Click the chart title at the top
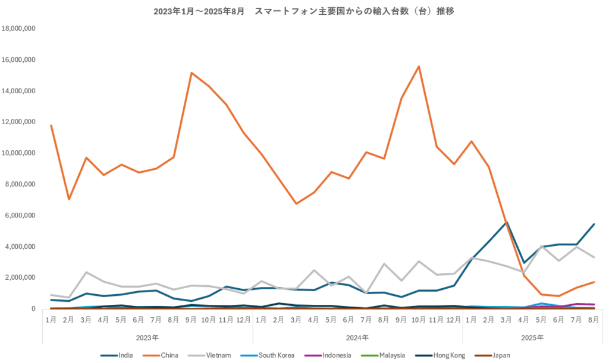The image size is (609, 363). (x=304, y=11)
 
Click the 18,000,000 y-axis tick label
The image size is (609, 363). (x=19, y=29)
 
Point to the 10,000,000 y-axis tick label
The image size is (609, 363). (x=19, y=153)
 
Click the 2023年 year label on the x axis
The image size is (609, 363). (x=147, y=337)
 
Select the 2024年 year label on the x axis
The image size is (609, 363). (x=357, y=337)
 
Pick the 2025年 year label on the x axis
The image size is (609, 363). (x=532, y=337)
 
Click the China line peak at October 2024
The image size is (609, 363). (x=419, y=67)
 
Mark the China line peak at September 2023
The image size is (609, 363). (x=192, y=73)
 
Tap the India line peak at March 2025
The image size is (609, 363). (x=507, y=222)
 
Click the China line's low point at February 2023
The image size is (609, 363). (x=68, y=199)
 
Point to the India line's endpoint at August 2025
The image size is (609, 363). (x=594, y=224)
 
